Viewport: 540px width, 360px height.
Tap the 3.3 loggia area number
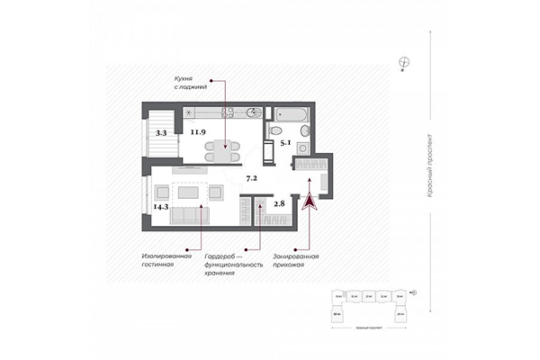[x=161, y=132]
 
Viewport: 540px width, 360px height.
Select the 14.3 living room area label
[x=161, y=206]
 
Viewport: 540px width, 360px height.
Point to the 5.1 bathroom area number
[x=285, y=141]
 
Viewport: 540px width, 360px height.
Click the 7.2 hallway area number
[x=253, y=178]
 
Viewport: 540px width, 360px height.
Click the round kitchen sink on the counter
[x=254, y=113]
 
